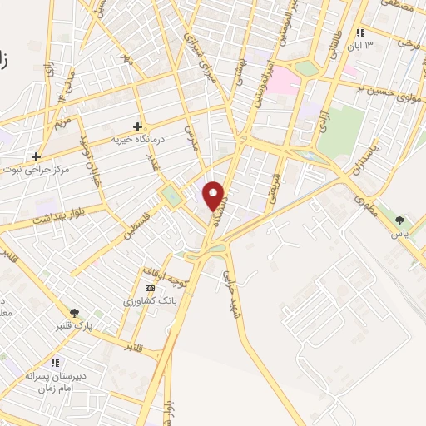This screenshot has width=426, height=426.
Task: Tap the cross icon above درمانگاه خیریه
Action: click(137, 126)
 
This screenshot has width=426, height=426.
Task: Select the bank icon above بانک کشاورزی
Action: click(150, 288)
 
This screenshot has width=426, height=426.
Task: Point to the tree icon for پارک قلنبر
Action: click(75, 313)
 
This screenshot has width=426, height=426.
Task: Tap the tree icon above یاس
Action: click(400, 220)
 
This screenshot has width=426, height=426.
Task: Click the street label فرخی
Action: click(407, 41)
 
